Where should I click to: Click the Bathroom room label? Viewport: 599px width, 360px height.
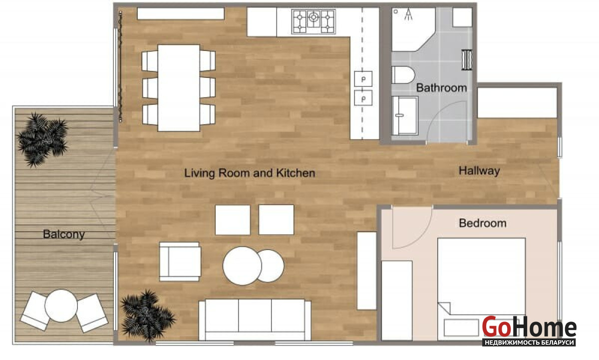pos(441,88)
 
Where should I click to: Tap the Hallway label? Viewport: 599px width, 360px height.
pos(479,171)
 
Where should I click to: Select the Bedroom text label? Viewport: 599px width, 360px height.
pos(483,223)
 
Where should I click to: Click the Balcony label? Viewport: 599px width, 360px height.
pos(64,234)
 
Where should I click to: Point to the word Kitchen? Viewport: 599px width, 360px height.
pos(296,173)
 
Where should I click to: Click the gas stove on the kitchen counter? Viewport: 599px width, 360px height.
pos(313,21)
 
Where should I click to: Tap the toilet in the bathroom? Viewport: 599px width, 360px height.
pos(403,75)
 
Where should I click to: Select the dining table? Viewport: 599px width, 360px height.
pos(179,88)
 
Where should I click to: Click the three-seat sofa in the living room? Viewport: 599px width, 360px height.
pos(255,320)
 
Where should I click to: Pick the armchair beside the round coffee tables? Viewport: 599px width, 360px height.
pos(180,262)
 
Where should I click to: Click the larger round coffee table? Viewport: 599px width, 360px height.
pos(242,266)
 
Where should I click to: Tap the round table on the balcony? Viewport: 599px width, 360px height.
pos(61,306)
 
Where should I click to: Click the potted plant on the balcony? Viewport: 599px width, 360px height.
pos(42,139)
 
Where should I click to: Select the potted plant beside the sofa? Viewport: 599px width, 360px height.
pos(147,316)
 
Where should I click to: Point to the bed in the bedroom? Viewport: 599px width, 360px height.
pos(481,289)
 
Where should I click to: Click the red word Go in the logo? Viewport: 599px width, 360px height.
pos(496,327)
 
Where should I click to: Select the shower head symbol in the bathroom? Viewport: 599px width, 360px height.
pos(408,14)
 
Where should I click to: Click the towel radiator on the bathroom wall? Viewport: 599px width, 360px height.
pos(467,59)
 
